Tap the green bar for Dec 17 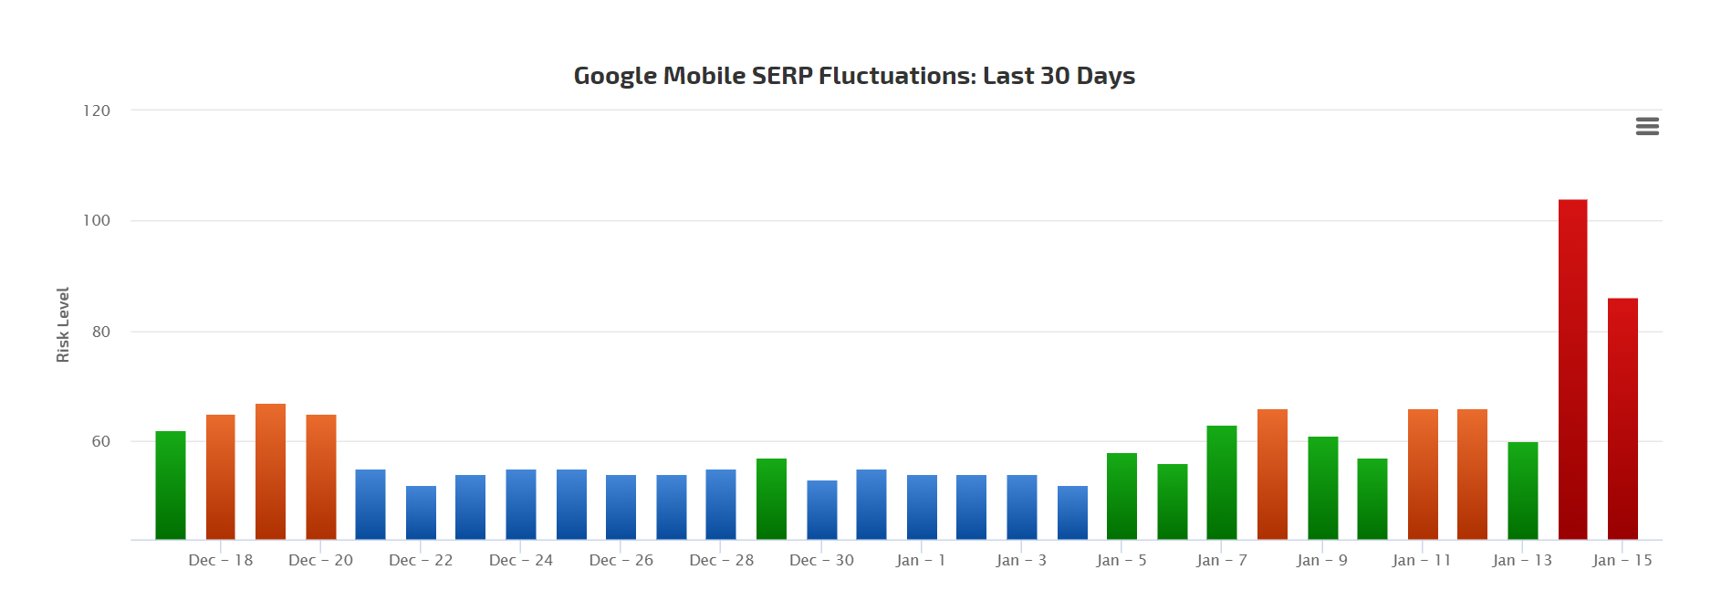(171, 485)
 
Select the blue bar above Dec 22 (421, 512)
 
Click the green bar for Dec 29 (771, 499)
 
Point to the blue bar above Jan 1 (922, 507)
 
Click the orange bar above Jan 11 (1423, 474)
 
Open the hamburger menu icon (1647, 126)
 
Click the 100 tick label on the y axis (97, 220)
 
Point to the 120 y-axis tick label (97, 111)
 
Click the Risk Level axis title (63, 324)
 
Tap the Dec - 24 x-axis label (521, 560)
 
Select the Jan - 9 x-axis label (1321, 560)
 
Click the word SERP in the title (781, 76)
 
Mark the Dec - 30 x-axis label (821, 560)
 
